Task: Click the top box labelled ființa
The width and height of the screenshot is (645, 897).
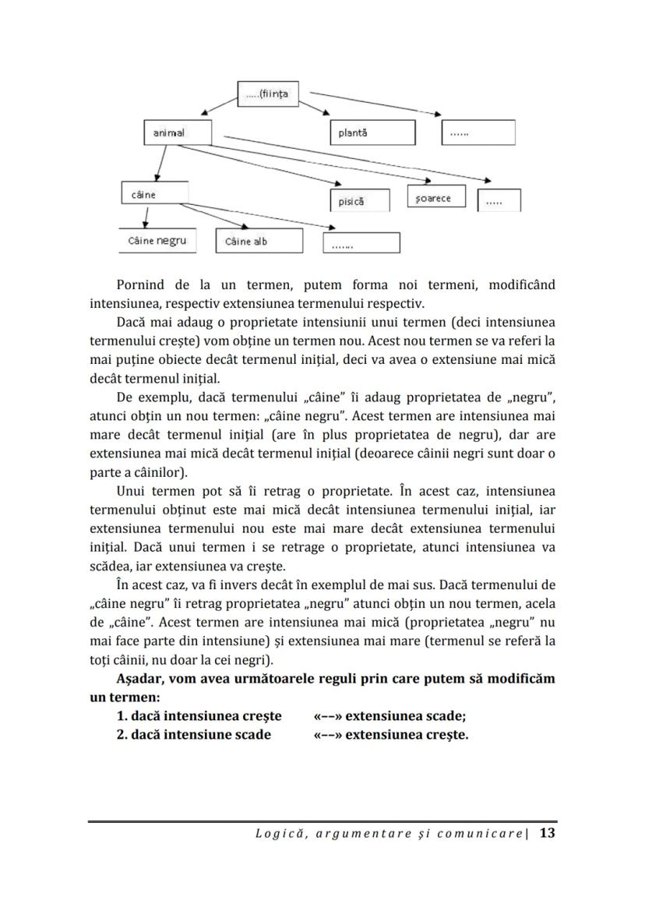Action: click(268, 94)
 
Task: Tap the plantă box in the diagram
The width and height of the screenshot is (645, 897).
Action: click(372, 133)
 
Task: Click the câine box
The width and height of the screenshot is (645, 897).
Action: click(155, 194)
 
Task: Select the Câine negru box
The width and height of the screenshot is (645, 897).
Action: click(157, 242)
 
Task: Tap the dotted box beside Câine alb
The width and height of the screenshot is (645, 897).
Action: click(361, 243)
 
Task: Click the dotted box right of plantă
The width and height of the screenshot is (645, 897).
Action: click(478, 133)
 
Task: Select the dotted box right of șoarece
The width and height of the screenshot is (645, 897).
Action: click(499, 201)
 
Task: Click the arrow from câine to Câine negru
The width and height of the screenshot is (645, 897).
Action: click(146, 217)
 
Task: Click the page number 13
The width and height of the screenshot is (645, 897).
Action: click(547, 833)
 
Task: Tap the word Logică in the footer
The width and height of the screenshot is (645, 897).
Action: click(277, 834)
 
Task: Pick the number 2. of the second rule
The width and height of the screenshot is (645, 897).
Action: click(122, 735)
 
